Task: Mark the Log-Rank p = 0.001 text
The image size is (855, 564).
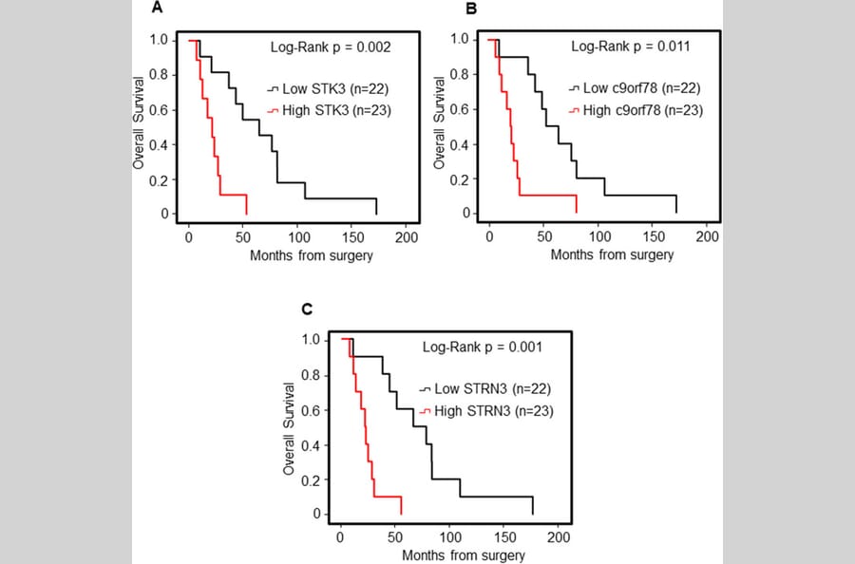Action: tap(483, 347)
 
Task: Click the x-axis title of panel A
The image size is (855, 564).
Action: tap(312, 255)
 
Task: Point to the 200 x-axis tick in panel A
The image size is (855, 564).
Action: tap(407, 235)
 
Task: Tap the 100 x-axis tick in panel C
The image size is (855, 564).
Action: tap(449, 536)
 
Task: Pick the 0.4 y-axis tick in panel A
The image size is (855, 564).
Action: tap(166, 145)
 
